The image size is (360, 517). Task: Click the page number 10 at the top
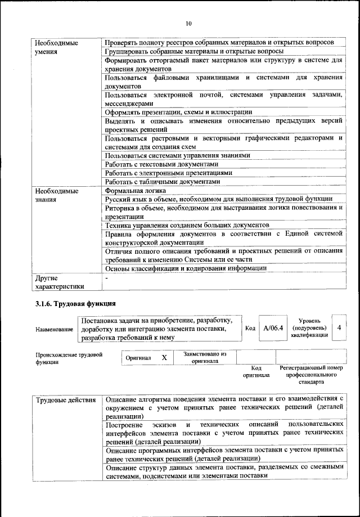[x=188, y=23]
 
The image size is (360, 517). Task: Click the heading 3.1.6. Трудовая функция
[x=71, y=304]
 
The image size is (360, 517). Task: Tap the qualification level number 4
[x=338, y=327]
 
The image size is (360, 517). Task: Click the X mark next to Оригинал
[x=164, y=357]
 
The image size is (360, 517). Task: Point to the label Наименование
[x=54, y=329]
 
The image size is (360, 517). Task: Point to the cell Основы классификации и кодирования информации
[x=186, y=268]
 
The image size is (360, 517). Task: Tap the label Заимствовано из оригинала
[x=201, y=357]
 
